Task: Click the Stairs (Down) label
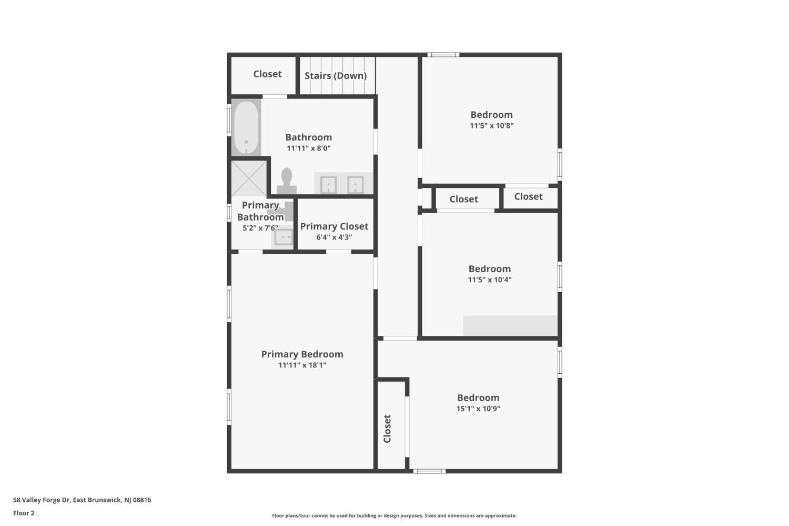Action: [x=336, y=76]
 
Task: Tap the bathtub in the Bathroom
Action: [x=246, y=127]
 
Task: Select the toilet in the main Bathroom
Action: [x=286, y=181]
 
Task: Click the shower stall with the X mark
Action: [x=249, y=178]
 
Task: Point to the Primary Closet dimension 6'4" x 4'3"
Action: [x=334, y=237]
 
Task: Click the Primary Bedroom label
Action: [x=302, y=354]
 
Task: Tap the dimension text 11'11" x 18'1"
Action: [x=302, y=365]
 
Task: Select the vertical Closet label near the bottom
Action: [x=387, y=429]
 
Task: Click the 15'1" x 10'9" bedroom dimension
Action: [x=478, y=409]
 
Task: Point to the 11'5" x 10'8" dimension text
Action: [x=491, y=125]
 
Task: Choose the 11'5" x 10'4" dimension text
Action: [x=490, y=280]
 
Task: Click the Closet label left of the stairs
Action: [x=267, y=74]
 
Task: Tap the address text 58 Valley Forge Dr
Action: [x=42, y=500]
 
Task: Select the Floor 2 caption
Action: [x=24, y=513]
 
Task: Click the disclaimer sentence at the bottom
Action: [x=394, y=515]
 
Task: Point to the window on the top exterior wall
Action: [x=443, y=55]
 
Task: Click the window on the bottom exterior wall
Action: [x=429, y=471]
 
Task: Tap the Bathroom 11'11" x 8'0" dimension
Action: [x=309, y=148]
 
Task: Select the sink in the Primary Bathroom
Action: [x=283, y=236]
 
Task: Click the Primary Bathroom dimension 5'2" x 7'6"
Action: [x=260, y=228]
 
